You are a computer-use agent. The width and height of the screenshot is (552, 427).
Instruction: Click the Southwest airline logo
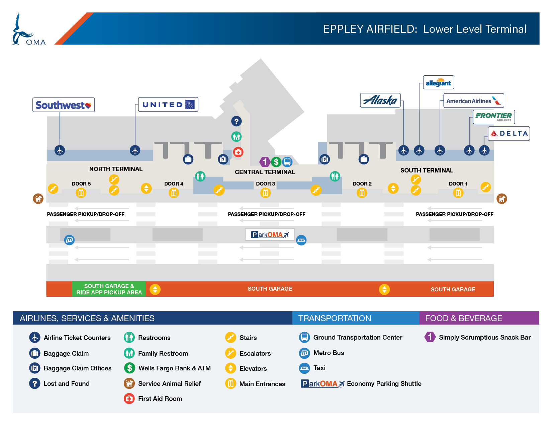(x=63, y=105)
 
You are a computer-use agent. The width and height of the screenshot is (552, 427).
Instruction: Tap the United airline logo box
(x=168, y=104)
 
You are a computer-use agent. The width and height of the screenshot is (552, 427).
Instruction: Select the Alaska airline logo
(x=380, y=100)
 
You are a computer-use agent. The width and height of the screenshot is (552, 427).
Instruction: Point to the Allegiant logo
(x=438, y=82)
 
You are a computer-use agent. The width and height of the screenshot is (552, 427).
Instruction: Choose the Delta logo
(x=509, y=134)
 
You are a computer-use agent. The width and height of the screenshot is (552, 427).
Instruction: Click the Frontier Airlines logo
(x=493, y=117)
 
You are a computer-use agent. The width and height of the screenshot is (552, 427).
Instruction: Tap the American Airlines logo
(x=473, y=101)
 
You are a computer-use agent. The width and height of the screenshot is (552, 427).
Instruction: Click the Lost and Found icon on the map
(x=236, y=121)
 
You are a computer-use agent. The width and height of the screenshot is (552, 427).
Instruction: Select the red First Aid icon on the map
(x=238, y=152)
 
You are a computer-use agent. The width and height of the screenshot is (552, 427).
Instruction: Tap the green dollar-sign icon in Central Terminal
(x=276, y=162)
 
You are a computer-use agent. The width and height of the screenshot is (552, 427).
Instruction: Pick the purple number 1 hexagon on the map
(x=265, y=162)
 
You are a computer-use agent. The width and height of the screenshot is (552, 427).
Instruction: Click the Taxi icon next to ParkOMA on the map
(x=301, y=240)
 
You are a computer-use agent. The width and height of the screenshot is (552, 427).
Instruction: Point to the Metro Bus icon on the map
(x=69, y=240)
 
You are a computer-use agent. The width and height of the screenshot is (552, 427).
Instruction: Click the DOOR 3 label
(x=265, y=184)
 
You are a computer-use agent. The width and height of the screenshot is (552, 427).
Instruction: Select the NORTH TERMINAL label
(x=116, y=169)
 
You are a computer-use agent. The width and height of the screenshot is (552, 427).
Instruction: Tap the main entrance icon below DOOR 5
(x=81, y=193)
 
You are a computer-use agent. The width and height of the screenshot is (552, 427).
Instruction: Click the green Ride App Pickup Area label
(x=109, y=289)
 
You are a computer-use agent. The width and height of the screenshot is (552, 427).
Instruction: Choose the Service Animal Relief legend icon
(x=129, y=383)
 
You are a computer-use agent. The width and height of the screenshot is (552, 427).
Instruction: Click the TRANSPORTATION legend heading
(x=335, y=318)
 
